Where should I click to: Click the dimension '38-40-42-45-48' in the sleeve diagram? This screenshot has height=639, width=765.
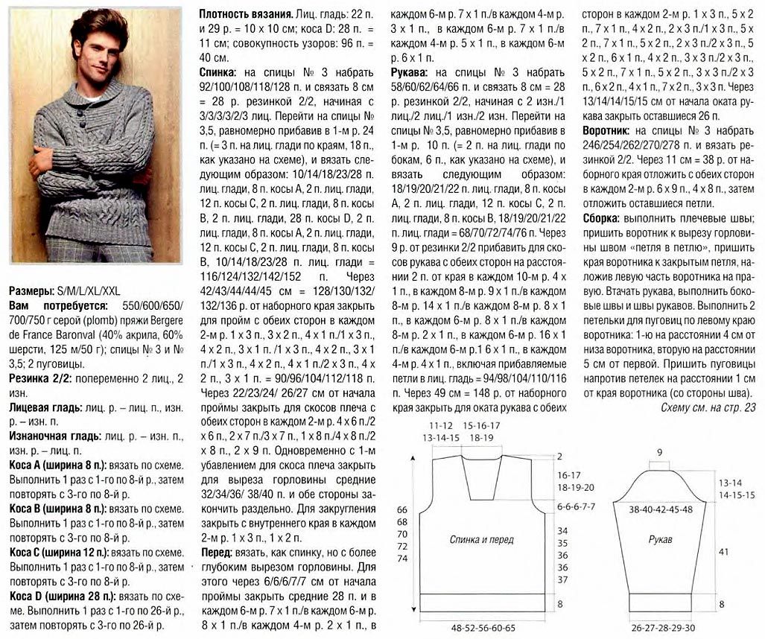tap(660, 509)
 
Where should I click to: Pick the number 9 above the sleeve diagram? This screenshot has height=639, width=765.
tap(659, 452)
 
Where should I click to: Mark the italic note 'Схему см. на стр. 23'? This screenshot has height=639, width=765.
tap(708, 407)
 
